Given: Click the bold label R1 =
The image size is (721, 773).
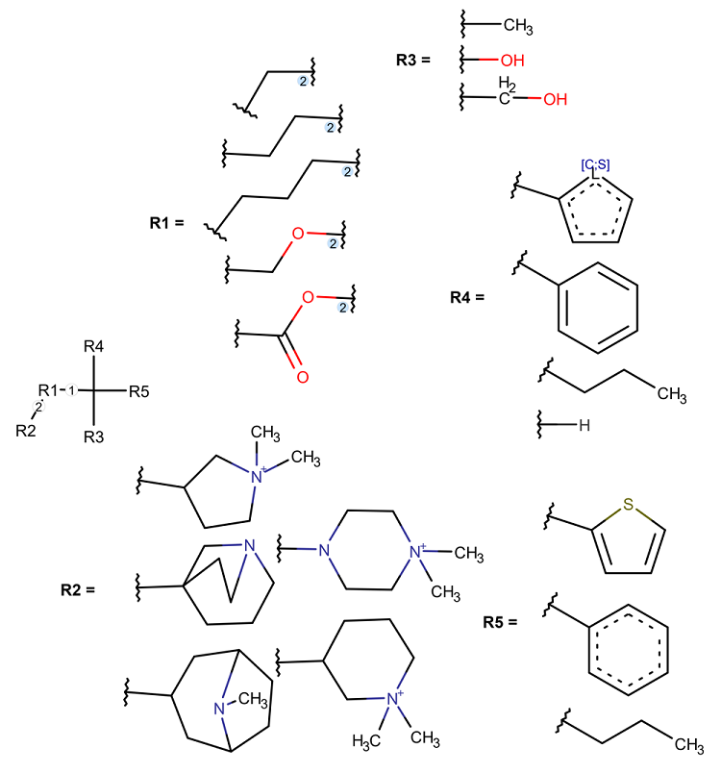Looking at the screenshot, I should (166, 223).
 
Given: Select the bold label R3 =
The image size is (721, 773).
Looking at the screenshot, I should (413, 60).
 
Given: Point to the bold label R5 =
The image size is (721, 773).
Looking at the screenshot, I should (501, 623).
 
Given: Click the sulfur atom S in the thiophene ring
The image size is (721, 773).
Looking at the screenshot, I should (628, 503).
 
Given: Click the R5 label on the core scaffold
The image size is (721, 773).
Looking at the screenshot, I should (138, 390).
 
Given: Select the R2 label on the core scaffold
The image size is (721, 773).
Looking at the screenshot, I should (26, 430).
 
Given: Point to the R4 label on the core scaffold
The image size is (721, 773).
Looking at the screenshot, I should (93, 346).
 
